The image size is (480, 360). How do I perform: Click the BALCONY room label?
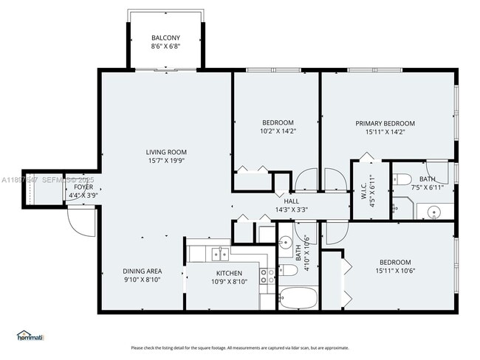(x=165, y=38)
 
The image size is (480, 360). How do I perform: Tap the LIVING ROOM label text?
(x=165, y=152)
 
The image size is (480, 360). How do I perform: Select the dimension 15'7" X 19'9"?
(x=165, y=161)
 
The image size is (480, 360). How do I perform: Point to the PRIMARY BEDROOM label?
(x=385, y=123)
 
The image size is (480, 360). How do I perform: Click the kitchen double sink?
(x=219, y=255)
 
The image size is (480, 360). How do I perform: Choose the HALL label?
(x=291, y=201)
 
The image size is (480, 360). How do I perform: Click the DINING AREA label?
(x=143, y=271)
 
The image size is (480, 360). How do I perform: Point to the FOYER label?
(x=83, y=187)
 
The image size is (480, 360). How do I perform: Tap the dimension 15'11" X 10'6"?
(x=395, y=271)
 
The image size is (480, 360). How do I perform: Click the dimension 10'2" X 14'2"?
(x=278, y=131)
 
